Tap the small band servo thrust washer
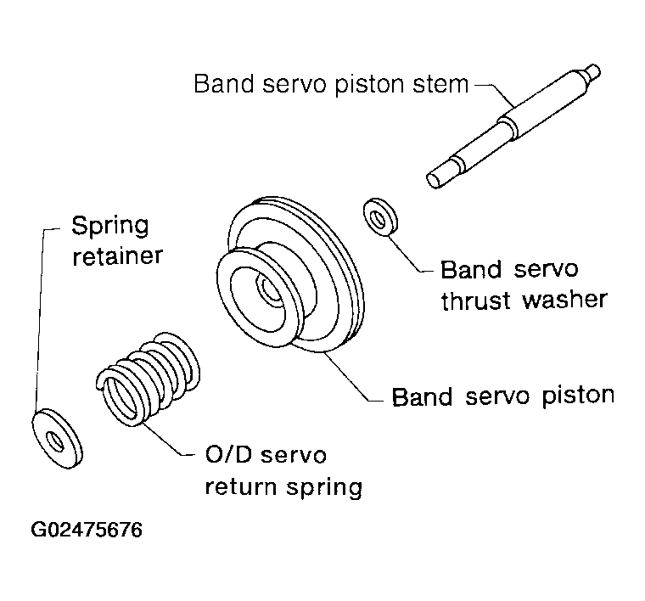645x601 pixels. click(381, 217)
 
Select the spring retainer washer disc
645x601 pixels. click(57, 439)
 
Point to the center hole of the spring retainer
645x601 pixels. click(55, 441)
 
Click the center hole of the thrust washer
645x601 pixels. click(379, 217)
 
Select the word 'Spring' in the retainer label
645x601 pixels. click(109, 226)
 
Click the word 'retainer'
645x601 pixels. click(118, 256)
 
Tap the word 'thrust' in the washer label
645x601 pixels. click(475, 300)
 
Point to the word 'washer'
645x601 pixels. click(564, 300)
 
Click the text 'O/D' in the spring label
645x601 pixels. click(228, 454)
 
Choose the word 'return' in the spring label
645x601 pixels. click(241, 487)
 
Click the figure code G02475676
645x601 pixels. click(87, 530)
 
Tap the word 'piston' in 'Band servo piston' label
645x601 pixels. click(578, 396)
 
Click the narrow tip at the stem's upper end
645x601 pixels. click(592, 71)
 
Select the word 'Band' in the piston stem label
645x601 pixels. click(224, 84)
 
